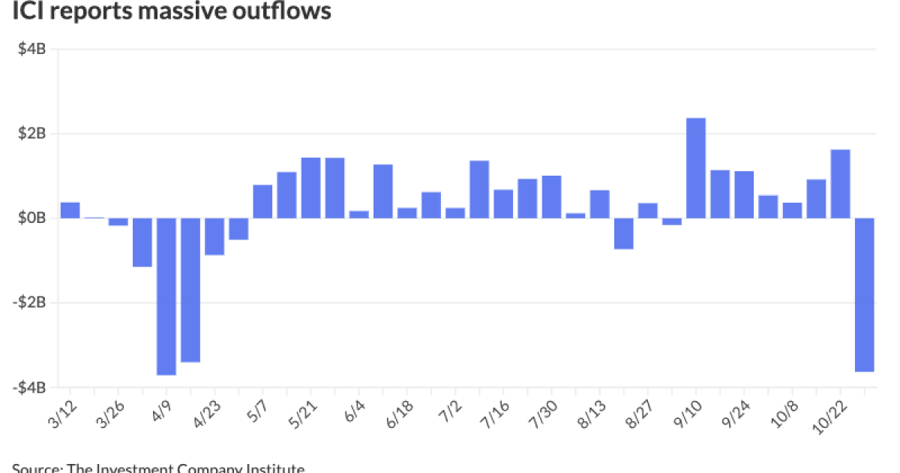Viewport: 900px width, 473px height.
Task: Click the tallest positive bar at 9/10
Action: click(696, 168)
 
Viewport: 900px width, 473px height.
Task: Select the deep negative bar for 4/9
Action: click(166, 296)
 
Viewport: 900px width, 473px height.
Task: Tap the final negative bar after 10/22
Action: click(864, 294)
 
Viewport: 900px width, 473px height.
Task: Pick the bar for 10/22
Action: click(840, 184)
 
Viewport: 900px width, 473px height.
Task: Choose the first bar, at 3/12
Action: click(70, 210)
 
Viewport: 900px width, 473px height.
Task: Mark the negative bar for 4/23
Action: click(214, 236)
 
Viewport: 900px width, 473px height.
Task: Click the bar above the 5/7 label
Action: click(262, 201)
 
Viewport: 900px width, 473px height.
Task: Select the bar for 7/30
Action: click(551, 197)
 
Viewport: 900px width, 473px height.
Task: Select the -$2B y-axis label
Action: click(31, 303)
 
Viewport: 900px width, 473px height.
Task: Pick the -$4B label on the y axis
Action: click(31, 387)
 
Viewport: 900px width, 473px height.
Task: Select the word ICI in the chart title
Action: click(28, 12)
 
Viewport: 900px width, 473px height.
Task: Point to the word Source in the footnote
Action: click(35, 468)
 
